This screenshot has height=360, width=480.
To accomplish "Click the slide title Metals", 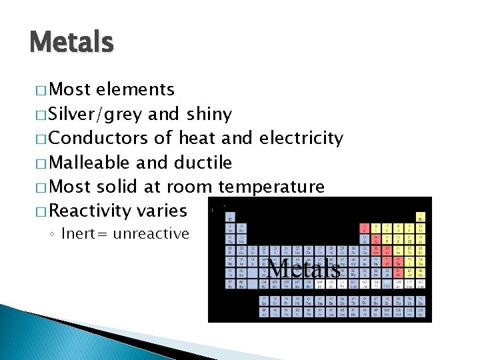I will tap(72, 43).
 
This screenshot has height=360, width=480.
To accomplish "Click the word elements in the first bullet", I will tap(135, 90).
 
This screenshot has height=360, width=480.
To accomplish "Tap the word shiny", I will tap(209, 115).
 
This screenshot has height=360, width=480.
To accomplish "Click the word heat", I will tap(197, 139).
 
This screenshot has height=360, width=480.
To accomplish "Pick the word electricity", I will tap(301, 139).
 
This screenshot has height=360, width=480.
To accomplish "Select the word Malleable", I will tap(91, 163).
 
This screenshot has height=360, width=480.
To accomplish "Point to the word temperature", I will tap(271, 187).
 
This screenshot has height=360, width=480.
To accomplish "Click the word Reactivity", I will tap(90, 211).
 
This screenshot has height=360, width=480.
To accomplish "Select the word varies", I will tap(161, 211).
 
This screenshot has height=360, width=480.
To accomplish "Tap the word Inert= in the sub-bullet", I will tap(83, 234).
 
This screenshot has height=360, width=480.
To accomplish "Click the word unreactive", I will tap(151, 234).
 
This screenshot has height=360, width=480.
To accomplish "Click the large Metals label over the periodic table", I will tap(304, 269).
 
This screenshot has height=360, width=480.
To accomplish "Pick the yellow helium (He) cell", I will tap(421, 217).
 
